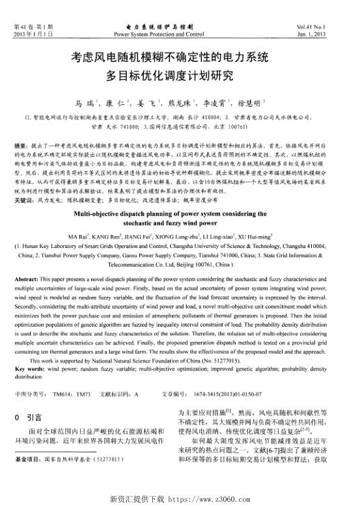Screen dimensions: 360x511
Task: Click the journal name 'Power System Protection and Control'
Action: click(159, 33)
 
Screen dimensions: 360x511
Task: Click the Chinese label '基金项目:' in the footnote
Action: click(29, 478)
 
